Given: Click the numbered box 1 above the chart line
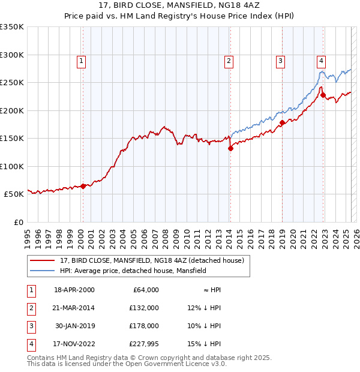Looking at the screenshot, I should coord(81,60).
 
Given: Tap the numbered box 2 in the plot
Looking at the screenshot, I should coord(229,60).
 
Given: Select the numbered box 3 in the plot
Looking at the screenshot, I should coord(280,60).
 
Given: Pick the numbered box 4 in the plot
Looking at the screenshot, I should coord(322,60).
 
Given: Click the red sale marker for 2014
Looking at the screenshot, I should coord(230,149).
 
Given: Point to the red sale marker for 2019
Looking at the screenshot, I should coord(282,123).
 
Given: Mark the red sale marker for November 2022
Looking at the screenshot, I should coord(323,95).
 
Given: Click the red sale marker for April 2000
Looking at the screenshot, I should coord(83,186).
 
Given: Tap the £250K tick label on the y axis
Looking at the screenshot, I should coord(12,82).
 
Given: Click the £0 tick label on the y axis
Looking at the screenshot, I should coord(17,222).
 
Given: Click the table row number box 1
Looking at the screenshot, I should coord(31,290).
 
